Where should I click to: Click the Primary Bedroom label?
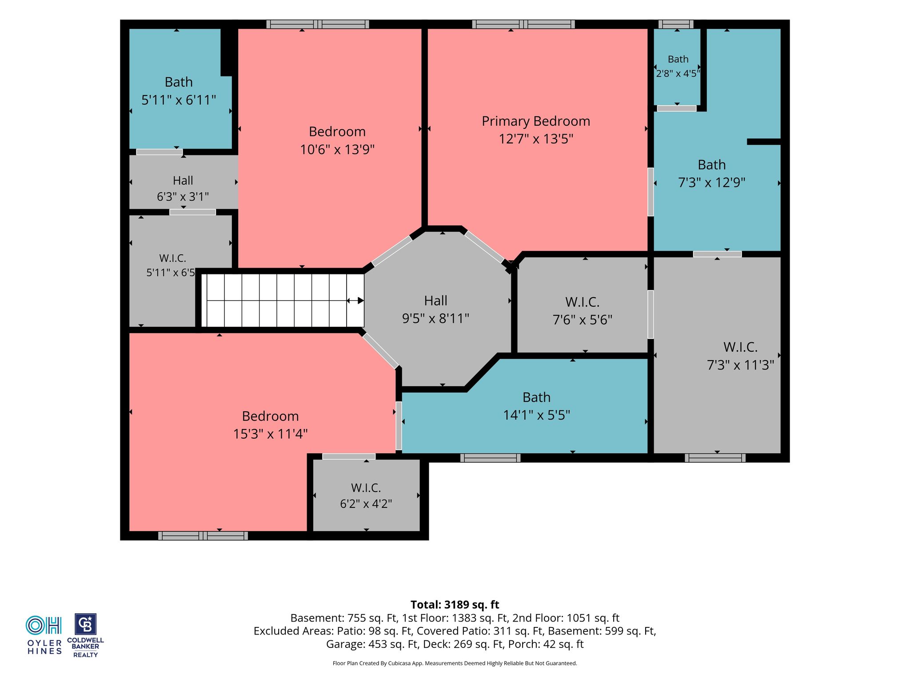pos(536,121)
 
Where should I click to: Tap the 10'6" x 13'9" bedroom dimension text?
pos(337,150)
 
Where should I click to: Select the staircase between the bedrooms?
pos(283,301)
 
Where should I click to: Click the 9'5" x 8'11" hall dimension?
pos(435,319)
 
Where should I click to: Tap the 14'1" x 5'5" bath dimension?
pos(537,415)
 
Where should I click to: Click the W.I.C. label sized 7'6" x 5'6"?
pos(583,302)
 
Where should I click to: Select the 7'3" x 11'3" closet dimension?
pos(740,365)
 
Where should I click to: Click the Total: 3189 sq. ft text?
pos(455,605)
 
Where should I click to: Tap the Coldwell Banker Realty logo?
pos(85,635)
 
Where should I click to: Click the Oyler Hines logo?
pos(44,635)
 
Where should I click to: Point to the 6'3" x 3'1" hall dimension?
pos(183,197)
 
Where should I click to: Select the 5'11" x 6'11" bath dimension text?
pos(179,100)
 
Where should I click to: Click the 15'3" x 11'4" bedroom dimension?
pos(270,434)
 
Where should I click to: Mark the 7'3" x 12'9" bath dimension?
pos(711,182)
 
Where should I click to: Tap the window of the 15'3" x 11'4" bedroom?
pos(203,535)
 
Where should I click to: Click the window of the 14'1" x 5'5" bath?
pos(490,458)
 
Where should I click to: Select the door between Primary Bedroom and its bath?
pos(651,192)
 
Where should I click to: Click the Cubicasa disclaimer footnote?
pos(455,663)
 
